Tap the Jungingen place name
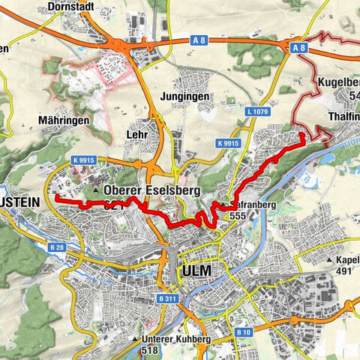pyautogui.click(x=184, y=97)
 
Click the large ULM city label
pyautogui.click(x=196, y=270)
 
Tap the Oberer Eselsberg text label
pyautogui.click(x=153, y=191)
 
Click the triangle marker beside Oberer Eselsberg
pyautogui.click(x=98, y=192)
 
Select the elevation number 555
pyautogui.click(x=238, y=215)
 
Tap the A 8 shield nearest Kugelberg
pyautogui.click(x=298, y=47)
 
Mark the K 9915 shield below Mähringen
pyautogui.click(x=85, y=160)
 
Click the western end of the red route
pyautogui.click(x=57, y=196)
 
